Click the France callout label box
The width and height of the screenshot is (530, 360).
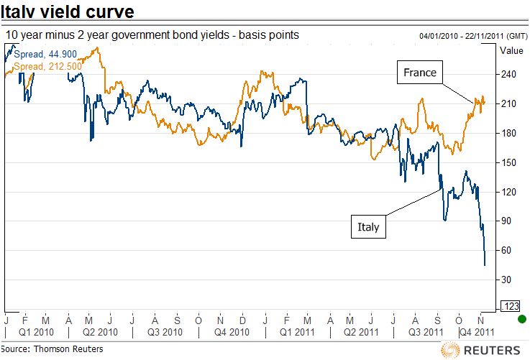click(x=420, y=73)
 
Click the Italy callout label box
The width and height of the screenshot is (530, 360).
click(x=368, y=228)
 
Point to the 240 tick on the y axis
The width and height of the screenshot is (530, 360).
click(x=510, y=74)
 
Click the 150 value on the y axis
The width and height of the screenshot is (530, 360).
click(x=510, y=162)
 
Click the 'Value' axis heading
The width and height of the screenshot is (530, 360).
click(x=511, y=50)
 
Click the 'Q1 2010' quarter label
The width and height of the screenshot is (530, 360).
click(x=36, y=332)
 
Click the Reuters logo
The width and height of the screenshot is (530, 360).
click(x=481, y=349)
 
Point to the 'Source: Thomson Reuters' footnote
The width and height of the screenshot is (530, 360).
click(x=52, y=349)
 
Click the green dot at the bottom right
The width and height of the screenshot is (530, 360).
click(x=522, y=319)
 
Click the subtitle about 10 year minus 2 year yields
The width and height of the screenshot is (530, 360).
click(x=151, y=34)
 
